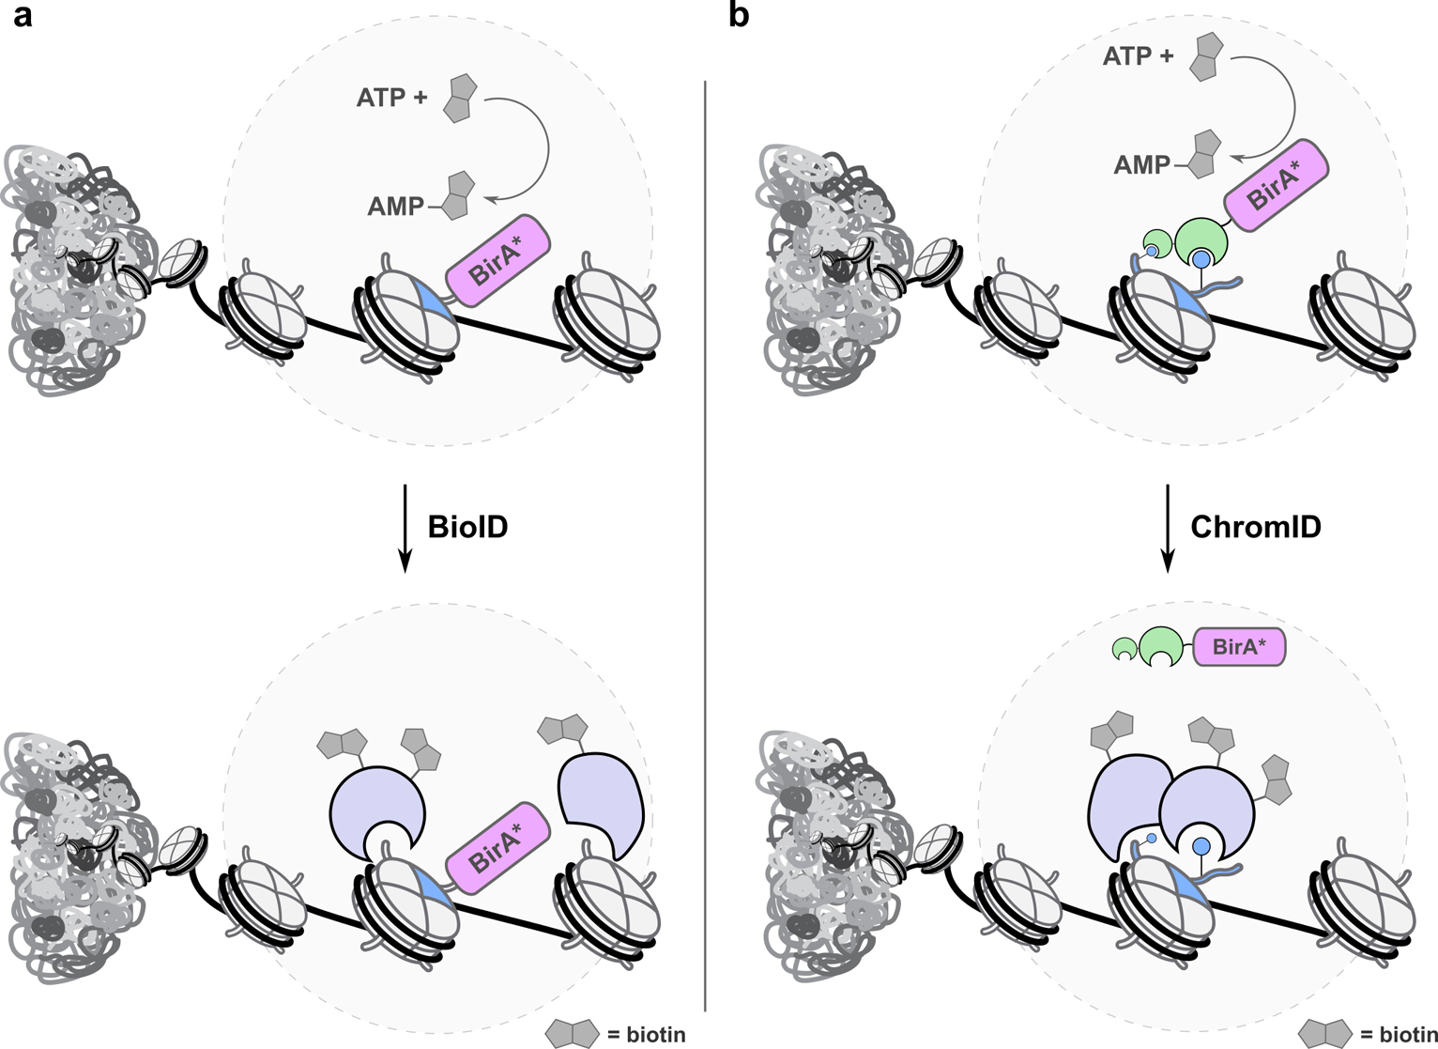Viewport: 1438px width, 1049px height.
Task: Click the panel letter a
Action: pos(22,16)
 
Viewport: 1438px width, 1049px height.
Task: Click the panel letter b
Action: pos(739,16)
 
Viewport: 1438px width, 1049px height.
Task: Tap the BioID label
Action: pos(467,527)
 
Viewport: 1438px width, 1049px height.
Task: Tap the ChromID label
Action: pos(1255,527)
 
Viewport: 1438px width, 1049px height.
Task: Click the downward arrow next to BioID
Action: pos(405,527)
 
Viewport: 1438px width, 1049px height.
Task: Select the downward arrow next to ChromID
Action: pos(1168,527)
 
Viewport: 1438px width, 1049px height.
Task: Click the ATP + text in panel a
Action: pos(391,97)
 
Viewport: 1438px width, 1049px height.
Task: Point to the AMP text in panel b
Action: pos(1141,165)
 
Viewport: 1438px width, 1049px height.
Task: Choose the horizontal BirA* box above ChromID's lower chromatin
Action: pos(1239,647)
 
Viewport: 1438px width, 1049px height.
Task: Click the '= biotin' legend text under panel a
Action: pos(646,1035)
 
